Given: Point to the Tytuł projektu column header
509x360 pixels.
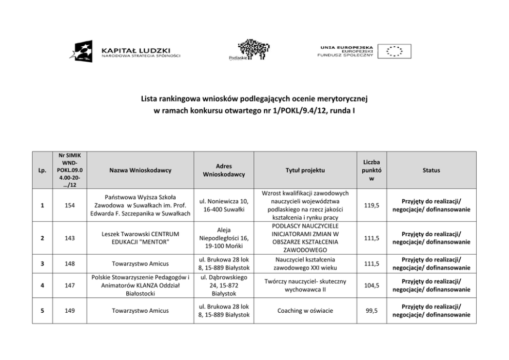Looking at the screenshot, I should [305, 170].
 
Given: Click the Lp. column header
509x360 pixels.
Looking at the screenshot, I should [42, 170].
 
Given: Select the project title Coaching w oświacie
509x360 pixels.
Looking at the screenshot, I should [305, 310].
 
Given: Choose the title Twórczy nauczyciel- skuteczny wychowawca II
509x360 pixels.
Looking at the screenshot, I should [305, 286].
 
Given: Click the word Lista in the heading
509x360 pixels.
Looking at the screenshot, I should [150, 98].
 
